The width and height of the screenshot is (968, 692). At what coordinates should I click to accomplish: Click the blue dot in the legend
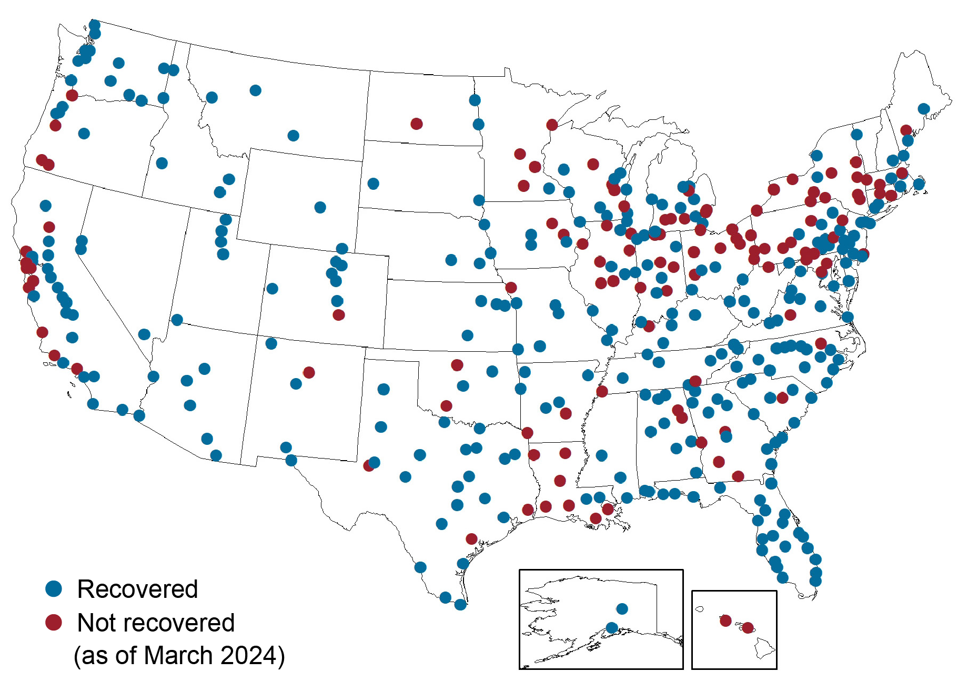54,588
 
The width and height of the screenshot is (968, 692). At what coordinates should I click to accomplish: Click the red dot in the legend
54,622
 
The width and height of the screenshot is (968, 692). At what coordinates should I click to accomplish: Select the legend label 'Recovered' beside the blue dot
137,589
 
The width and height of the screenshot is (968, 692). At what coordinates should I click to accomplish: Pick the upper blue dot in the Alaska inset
622,609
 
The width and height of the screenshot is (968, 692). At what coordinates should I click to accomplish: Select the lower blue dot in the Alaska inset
611,628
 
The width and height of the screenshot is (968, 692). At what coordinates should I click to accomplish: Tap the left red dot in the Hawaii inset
725,620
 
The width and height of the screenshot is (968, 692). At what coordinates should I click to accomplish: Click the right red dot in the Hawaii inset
748,628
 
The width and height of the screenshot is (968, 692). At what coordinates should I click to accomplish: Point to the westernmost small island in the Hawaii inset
699,609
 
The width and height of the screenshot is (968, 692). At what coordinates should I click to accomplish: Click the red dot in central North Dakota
416,124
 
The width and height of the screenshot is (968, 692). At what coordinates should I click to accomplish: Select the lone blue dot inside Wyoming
320,207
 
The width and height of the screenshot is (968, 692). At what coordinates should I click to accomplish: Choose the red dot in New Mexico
309,372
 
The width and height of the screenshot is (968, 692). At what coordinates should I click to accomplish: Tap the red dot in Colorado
339,315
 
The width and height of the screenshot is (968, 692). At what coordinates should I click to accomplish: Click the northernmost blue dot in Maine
923,109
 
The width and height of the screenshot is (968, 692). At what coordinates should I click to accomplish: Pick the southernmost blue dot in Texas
460,605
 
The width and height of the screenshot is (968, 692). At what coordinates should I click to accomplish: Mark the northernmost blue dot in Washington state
95,25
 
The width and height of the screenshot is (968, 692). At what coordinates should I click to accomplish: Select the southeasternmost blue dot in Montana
293,136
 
